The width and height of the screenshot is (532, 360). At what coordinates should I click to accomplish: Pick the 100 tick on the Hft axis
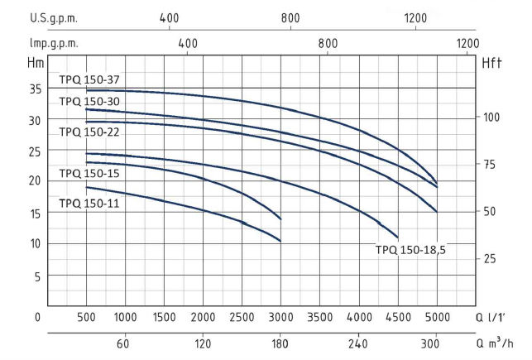[x=492, y=117]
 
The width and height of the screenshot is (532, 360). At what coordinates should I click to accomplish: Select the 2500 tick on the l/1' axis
[x=242, y=317]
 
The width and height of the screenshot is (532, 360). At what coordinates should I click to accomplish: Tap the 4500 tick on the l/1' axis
[x=398, y=317]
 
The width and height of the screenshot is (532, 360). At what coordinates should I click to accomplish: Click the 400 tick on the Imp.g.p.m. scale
[x=187, y=44]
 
